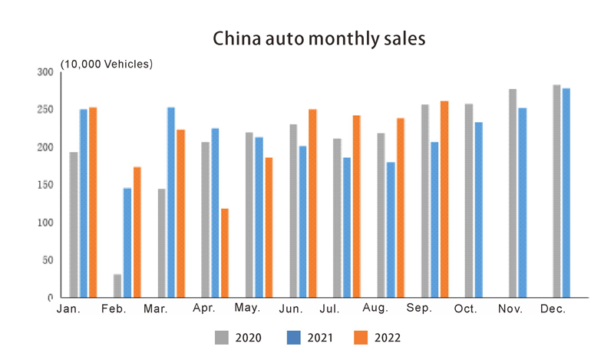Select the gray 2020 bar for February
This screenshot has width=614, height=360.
(117, 286)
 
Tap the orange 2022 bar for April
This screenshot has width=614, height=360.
(224, 253)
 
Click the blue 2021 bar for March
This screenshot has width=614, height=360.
(170, 202)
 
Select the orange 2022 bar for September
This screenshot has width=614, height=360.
(444, 199)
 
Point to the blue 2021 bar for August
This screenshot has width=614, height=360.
(390, 230)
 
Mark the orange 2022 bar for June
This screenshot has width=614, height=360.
(312, 203)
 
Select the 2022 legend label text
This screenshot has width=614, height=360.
(388, 336)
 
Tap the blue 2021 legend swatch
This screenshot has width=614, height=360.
(292, 335)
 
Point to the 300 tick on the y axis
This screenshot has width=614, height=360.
(46, 72)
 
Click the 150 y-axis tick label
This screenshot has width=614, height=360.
(46, 185)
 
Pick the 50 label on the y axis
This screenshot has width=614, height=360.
(48, 260)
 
